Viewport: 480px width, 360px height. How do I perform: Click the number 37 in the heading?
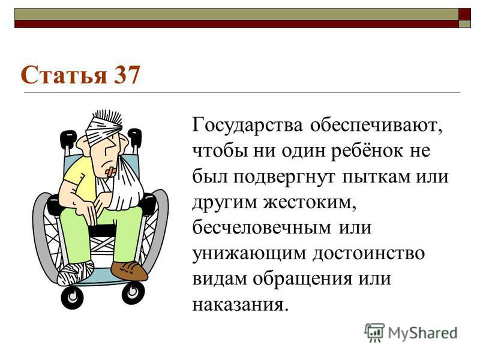click(x=127, y=76)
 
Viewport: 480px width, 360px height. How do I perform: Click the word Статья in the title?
click(x=64, y=76)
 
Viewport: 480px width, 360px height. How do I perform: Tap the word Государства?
click(x=247, y=125)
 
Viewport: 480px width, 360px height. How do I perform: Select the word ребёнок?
click(x=367, y=151)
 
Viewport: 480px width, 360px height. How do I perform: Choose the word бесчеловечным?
click(x=262, y=227)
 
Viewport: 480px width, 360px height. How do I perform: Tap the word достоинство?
click(x=368, y=253)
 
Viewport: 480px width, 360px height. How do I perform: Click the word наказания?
click(x=241, y=304)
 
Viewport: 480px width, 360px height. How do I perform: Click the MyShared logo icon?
click(x=374, y=332)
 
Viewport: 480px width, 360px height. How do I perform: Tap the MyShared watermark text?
click(x=423, y=333)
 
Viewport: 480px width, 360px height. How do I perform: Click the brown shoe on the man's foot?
click(x=129, y=271)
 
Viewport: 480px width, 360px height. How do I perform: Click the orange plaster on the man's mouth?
click(x=111, y=172)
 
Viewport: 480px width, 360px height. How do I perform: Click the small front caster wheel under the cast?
click(x=72, y=296)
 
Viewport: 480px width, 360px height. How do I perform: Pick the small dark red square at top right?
click(x=464, y=14)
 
